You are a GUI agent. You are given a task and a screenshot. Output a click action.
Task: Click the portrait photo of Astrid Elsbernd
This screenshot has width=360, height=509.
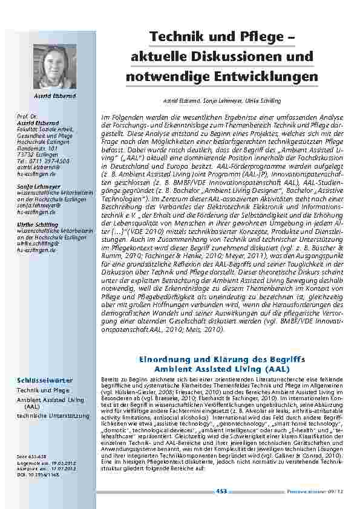51,67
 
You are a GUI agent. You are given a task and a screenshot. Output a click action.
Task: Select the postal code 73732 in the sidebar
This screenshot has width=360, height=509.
26,138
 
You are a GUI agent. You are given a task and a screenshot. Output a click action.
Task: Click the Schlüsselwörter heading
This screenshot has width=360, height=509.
45,380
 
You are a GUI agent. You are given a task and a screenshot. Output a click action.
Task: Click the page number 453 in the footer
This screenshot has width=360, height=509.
221,491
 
